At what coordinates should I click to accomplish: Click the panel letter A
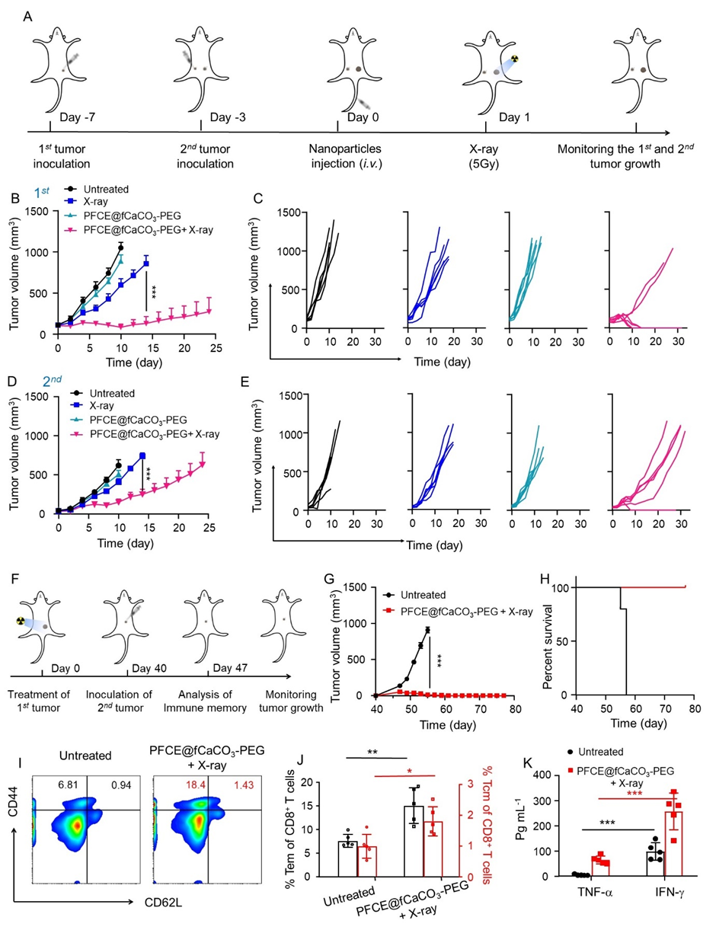tap(28, 16)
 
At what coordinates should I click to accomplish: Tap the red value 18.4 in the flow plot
tap(184, 764)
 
